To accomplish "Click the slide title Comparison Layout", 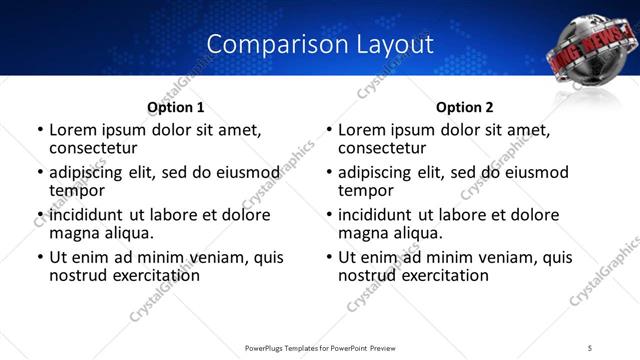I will point(319,44).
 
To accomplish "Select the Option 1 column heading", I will point(175,107).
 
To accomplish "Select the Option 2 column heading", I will point(465,107).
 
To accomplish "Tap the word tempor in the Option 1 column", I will point(77,191).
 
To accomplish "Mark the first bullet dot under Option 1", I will point(39,130).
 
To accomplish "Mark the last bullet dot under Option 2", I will point(328,257).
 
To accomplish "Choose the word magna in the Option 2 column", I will point(361,233).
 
